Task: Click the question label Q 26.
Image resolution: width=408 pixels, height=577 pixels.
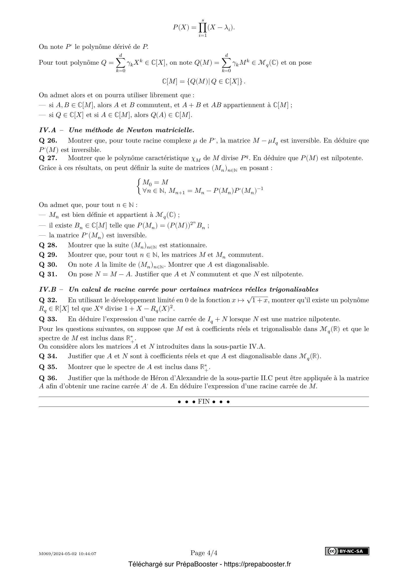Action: click(48, 140)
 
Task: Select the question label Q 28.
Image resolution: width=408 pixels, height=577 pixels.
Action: click(48, 245)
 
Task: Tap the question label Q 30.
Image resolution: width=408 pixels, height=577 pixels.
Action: click(48, 265)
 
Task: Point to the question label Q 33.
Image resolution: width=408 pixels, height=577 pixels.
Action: click(48, 319)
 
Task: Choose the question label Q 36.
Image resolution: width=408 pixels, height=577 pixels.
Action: click(48, 378)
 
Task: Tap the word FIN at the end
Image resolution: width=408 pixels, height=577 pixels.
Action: click(204, 402)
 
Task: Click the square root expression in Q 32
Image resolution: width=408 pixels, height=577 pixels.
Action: click(258, 300)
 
